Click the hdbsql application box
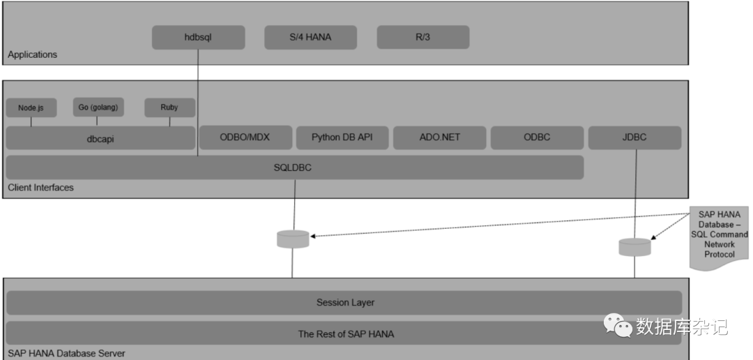199,38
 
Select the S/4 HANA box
310,38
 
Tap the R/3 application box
423,38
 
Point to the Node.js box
31,108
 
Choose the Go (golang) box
98,107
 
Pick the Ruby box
169,108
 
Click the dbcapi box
100,138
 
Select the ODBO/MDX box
245,137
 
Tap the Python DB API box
342,137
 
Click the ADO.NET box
439,137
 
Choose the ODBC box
537,137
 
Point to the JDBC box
634,137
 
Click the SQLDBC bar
294,167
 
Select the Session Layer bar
344,303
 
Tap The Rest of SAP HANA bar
344,333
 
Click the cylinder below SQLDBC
293,239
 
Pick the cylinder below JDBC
634,247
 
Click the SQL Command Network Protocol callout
719,235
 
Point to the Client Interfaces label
40,188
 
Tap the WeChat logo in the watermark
617,325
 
